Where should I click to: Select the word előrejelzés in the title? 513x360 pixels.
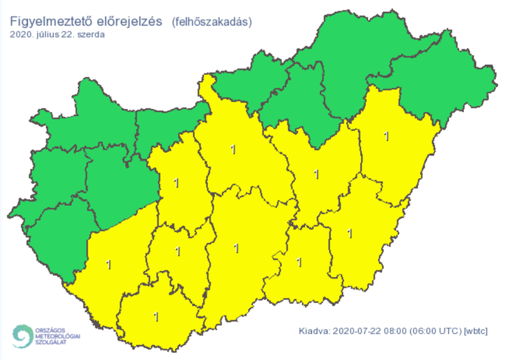click(128, 21)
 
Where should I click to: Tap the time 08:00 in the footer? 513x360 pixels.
click(395, 332)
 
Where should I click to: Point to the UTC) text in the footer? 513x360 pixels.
click(450, 332)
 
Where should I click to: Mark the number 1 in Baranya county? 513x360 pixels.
click(157, 317)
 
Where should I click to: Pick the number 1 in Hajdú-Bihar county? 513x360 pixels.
click(386, 136)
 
